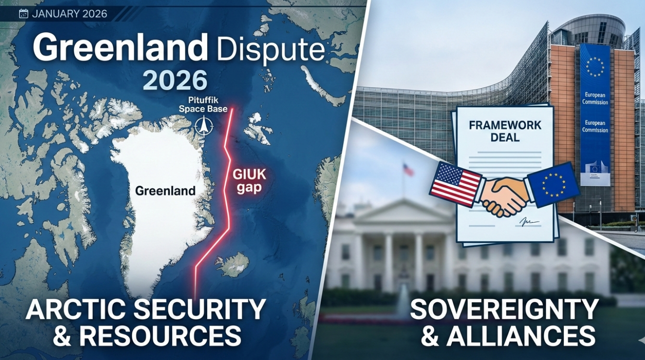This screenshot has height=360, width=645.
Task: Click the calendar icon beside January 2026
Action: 23,14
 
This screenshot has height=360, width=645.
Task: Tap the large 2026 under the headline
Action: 175,80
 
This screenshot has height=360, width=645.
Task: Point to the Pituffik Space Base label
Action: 203,105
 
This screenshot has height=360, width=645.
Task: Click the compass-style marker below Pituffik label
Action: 203,126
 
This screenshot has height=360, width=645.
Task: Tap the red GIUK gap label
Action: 249,181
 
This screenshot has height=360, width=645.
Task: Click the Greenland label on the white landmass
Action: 165,191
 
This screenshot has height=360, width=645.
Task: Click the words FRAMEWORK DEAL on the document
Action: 505,131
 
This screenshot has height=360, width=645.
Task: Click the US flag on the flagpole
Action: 408,170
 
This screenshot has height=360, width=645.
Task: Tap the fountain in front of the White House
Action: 402,304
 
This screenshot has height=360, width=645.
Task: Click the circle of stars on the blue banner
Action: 595,67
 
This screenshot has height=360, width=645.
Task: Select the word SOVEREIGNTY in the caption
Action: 504,310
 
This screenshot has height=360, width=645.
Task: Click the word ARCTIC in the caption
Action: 75,310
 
